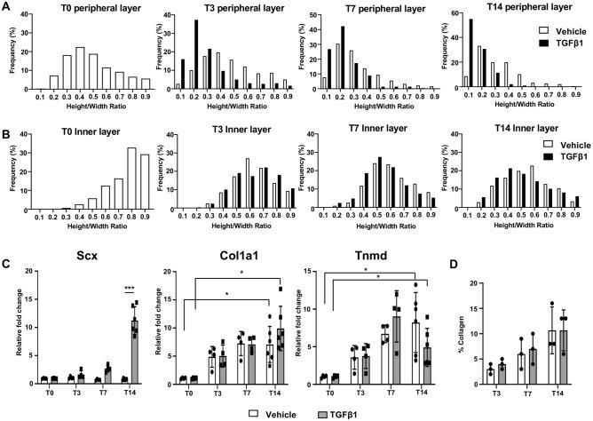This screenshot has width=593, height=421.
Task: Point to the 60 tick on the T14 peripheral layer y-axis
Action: click(450, 15)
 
